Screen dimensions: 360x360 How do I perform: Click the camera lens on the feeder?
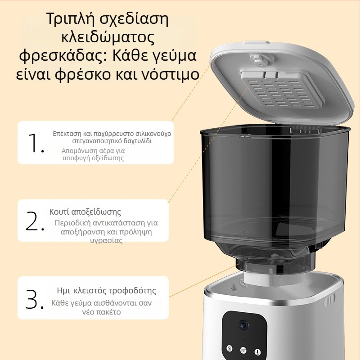coord(243,325)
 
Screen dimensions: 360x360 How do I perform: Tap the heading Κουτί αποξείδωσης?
coord(85,211)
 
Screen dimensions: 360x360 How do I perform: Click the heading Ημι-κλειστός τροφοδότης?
coord(106,291)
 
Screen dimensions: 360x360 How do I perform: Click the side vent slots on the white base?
coord(329,301)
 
